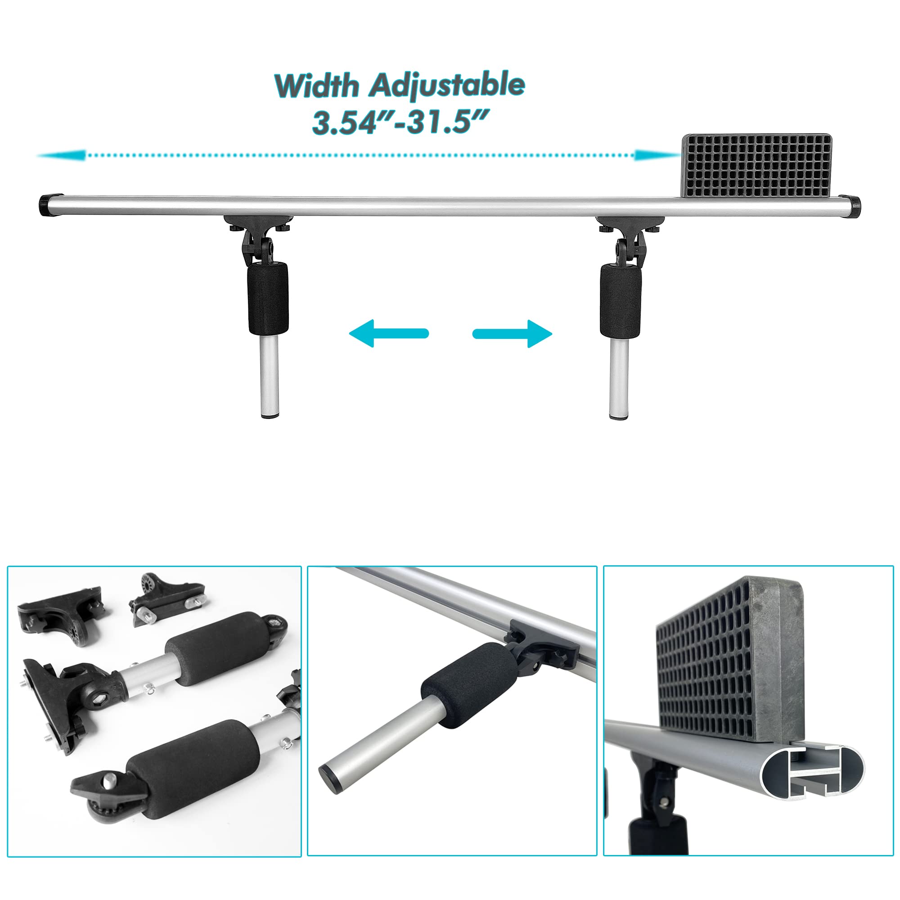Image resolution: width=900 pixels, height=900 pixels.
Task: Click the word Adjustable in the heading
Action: [x=447, y=85]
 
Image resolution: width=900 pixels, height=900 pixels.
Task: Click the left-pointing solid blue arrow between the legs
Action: [x=388, y=333]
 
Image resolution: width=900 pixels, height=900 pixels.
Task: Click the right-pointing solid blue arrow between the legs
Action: [x=513, y=333]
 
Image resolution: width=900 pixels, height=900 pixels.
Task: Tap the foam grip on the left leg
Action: [x=267, y=298]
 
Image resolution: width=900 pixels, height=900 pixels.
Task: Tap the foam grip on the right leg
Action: [x=620, y=301]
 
